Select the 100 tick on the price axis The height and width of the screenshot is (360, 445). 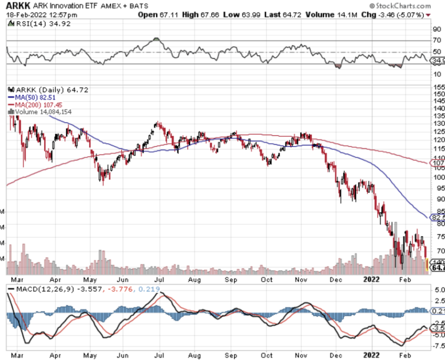coord(438,177)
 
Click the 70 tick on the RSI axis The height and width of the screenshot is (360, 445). coord(437,41)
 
